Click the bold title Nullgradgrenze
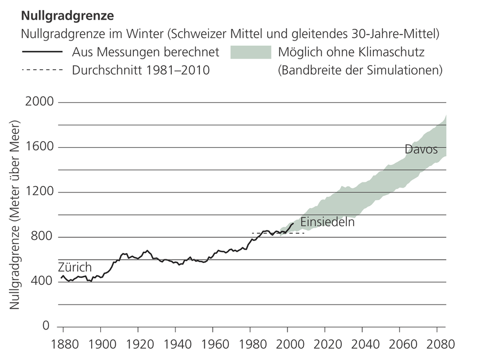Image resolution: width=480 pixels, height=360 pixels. click(x=67, y=12)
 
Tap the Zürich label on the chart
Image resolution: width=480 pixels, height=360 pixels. click(x=75, y=268)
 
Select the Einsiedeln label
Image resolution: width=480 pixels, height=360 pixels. click(x=327, y=222)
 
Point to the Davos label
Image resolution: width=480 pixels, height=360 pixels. click(x=421, y=149)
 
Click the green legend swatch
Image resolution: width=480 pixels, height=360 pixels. click(x=250, y=52)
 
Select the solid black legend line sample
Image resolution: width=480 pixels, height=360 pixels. click(x=42, y=52)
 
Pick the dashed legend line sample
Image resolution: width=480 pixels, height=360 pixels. click(x=42, y=70)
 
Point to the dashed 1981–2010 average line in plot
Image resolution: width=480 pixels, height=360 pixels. click(x=277, y=233)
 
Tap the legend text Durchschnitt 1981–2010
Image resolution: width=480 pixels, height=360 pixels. click(x=140, y=70)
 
